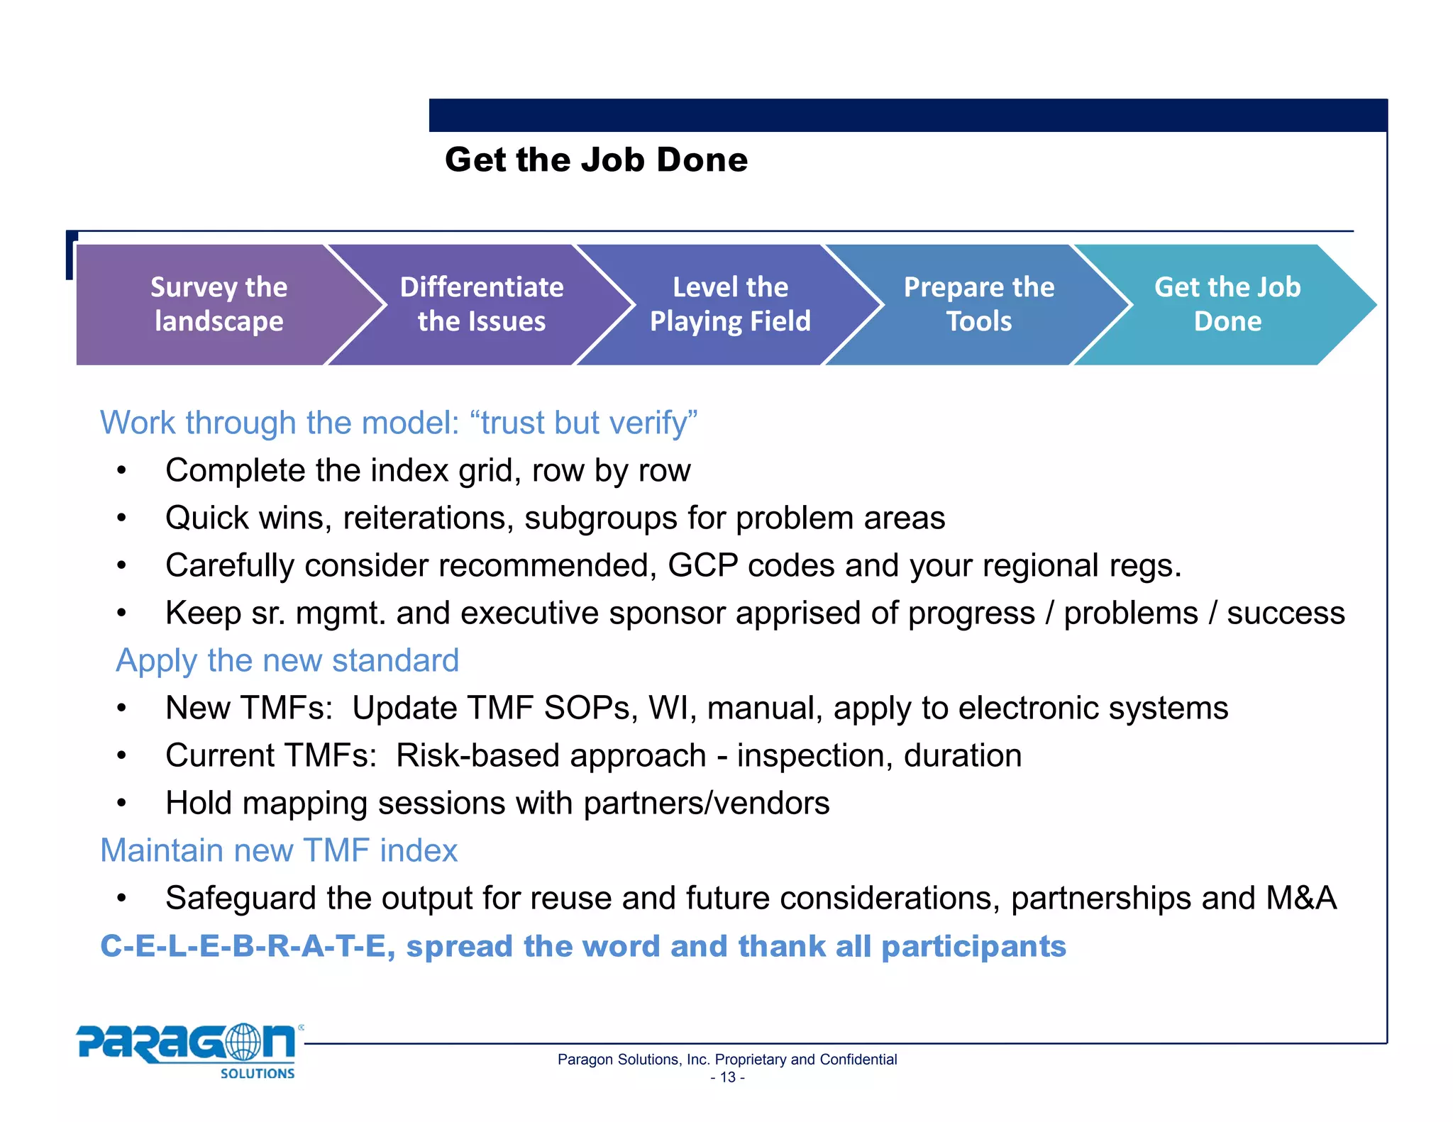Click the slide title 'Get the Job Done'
[x=596, y=160]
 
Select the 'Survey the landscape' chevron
[x=219, y=304]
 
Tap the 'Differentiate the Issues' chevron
[x=481, y=304]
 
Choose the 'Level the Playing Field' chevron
[x=730, y=304]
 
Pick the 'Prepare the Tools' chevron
[x=978, y=304]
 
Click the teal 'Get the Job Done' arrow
[x=1227, y=304]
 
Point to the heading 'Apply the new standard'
[x=287, y=660]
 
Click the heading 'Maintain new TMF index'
[x=279, y=850]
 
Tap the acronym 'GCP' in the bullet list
[x=702, y=566]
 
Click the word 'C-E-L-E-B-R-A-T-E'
[x=246, y=946]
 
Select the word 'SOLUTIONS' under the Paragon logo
[x=258, y=1074]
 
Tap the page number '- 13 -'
[x=727, y=1077]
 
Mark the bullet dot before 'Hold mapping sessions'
[x=122, y=804]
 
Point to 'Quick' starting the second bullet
[x=206, y=518]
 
